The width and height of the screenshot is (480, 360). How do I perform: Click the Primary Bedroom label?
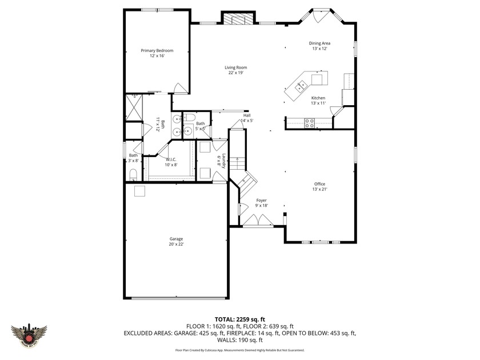[157, 50]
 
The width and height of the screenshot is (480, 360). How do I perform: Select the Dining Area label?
[319, 43]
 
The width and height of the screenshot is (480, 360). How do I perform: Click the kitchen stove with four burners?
[309, 121]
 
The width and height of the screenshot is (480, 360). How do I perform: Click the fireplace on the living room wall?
[235, 19]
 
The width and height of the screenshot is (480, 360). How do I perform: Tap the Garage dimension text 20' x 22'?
[176, 244]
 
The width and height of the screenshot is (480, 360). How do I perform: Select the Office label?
[319, 183]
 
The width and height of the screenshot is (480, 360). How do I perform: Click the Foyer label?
[261, 200]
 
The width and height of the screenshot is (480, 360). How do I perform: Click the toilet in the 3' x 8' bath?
[133, 174]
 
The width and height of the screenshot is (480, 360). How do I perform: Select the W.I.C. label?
[171, 159]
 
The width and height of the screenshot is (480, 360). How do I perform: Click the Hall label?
[247, 115]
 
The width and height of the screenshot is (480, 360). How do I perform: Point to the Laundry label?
[225, 161]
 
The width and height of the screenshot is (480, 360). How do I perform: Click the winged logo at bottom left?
[29, 333]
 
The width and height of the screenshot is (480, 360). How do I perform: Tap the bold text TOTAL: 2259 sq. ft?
[239, 319]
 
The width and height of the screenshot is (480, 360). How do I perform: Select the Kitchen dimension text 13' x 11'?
[318, 103]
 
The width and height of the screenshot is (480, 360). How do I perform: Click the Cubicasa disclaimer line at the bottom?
[239, 350]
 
